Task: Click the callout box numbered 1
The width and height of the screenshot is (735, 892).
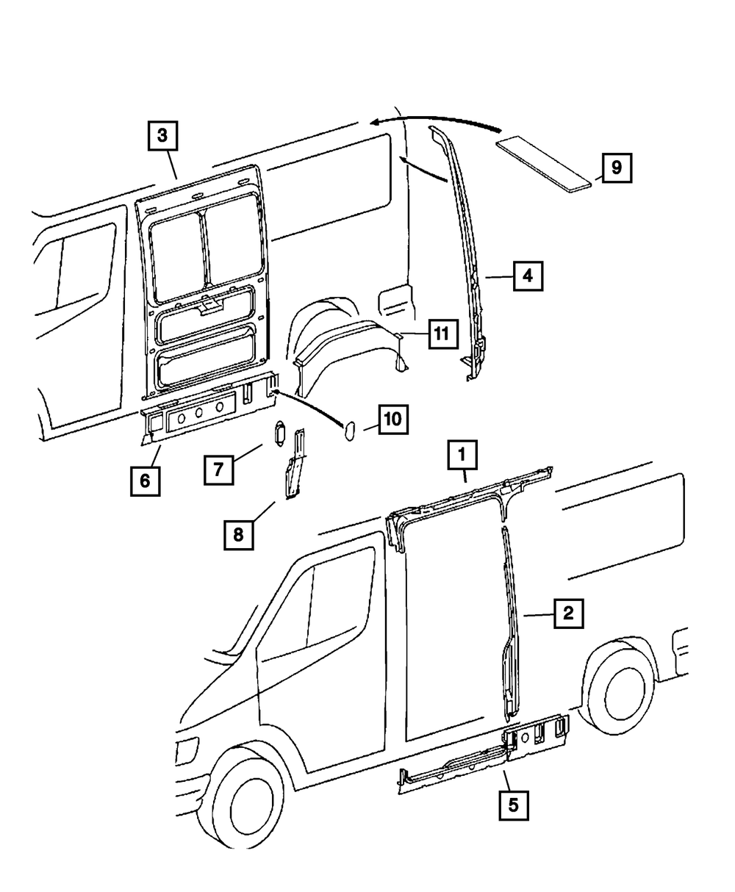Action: click(463, 456)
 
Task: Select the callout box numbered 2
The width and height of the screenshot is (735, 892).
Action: click(568, 613)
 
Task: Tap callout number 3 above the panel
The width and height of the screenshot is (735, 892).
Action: click(162, 135)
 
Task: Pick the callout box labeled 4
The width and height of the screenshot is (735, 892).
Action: click(528, 277)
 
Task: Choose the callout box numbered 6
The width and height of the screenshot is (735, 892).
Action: click(145, 481)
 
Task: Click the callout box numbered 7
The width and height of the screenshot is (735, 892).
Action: click(219, 470)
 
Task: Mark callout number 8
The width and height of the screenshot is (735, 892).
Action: click(238, 535)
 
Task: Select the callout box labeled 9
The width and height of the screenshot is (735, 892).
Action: click(616, 168)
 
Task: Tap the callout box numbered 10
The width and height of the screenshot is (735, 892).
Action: click(393, 420)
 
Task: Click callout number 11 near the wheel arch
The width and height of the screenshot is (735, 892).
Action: click(440, 334)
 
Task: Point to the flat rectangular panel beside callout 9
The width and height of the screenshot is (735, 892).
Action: click(545, 162)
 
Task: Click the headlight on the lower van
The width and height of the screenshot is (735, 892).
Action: click(186, 750)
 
